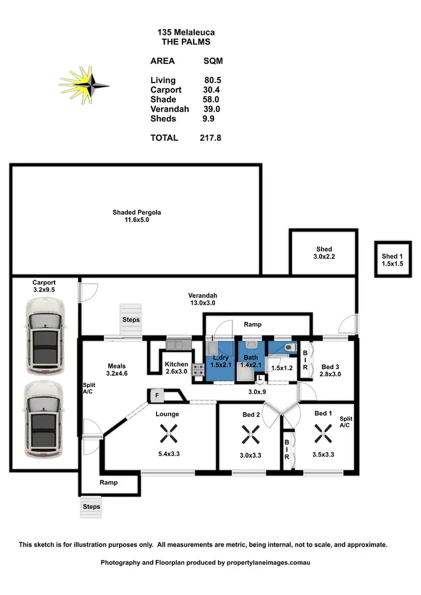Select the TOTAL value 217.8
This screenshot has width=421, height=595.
tap(210, 138)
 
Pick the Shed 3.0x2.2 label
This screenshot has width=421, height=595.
tap(324, 253)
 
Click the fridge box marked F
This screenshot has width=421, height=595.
tap(157, 395)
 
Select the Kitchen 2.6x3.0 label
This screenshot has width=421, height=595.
tap(176, 367)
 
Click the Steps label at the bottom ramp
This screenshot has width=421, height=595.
tap(91, 506)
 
